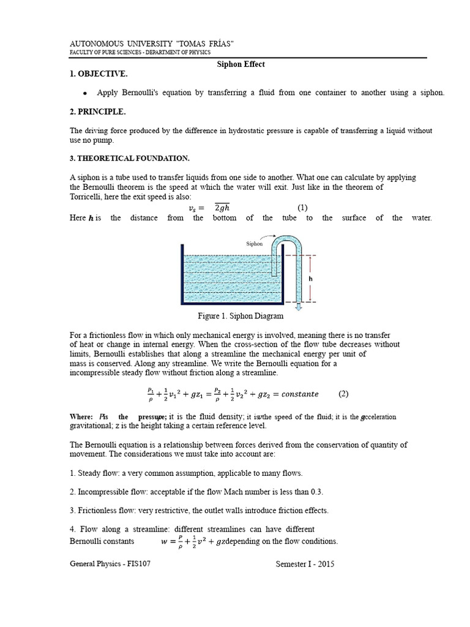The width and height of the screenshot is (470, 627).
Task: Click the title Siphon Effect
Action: (242, 64)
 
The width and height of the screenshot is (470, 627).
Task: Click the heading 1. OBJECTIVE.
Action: (99, 73)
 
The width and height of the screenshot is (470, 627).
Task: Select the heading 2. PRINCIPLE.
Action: (98, 111)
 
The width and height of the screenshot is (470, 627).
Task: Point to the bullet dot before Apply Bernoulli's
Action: (84, 93)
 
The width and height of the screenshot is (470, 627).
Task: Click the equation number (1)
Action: (302, 207)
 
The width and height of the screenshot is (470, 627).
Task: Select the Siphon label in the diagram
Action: (254, 243)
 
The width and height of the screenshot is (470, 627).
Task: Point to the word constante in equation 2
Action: (296, 394)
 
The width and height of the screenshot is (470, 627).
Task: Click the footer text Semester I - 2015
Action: (305, 564)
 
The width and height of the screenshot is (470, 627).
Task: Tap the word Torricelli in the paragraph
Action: (90, 197)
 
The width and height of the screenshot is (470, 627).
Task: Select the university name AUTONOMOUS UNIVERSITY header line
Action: (152, 44)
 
